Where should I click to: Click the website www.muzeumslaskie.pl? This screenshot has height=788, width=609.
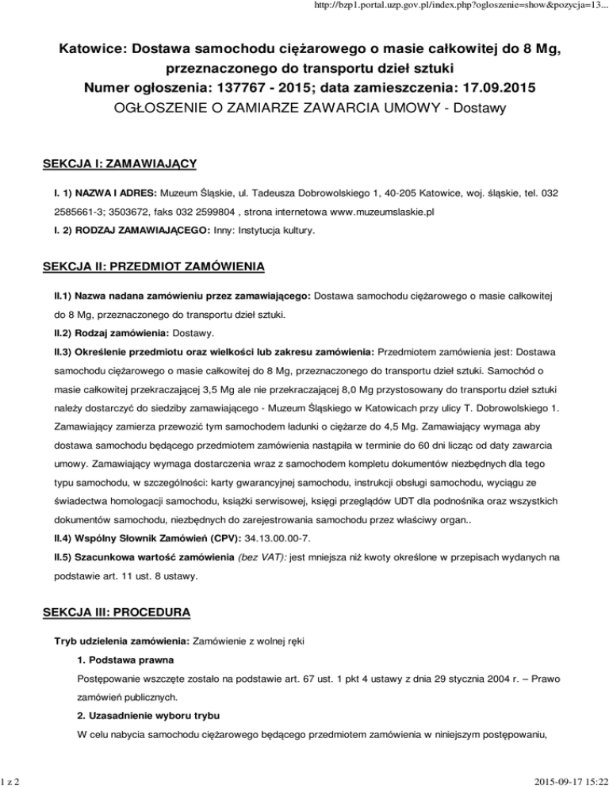(377, 212)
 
